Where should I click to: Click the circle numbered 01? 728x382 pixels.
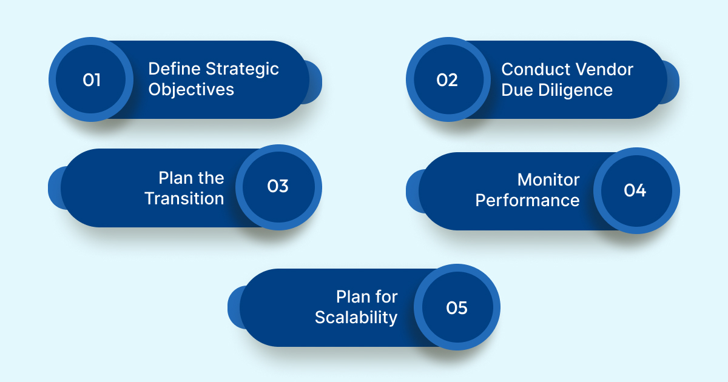point(91,80)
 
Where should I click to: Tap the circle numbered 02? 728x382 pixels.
point(448,80)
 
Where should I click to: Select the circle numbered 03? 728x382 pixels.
point(278,187)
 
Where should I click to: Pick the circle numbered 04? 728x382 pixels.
point(635,190)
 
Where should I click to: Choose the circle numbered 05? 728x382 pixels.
point(457,307)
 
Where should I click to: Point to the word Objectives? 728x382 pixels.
point(191,90)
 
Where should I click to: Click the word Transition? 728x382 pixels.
point(184,198)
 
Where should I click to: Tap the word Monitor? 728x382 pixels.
point(548,180)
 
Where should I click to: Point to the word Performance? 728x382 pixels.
point(527,201)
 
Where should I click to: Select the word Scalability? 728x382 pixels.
point(356,317)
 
